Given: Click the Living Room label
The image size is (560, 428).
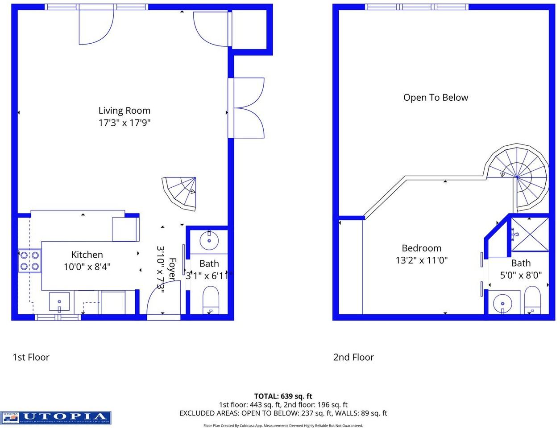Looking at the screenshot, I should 124,111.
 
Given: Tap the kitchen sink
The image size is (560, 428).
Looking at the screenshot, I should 59,302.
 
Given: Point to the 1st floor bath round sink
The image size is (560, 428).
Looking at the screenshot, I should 208,241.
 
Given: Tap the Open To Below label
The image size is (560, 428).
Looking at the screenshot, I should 436,98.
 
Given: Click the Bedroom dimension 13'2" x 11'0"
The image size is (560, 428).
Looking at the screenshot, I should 421,260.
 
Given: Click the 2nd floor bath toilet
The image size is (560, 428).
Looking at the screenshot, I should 532,300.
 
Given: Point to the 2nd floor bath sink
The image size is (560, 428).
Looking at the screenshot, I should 503,303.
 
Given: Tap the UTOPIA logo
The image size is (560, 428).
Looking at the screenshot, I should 56,418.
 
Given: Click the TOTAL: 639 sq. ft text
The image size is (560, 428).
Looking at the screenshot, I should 283,396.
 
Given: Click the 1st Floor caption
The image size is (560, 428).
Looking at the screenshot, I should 31,357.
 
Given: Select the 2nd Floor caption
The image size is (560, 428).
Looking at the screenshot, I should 353,357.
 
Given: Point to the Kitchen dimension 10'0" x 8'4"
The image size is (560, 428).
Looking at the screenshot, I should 87,267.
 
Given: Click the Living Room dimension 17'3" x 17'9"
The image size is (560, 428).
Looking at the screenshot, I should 124,123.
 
